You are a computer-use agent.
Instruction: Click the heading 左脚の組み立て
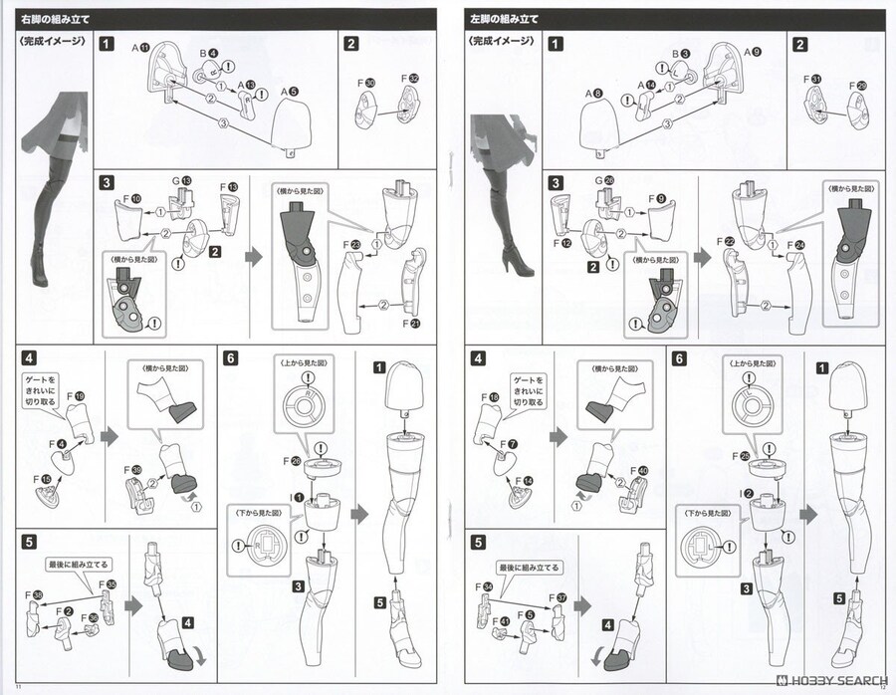[505, 18]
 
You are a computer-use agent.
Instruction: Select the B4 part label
[207, 54]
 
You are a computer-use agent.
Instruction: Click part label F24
[796, 245]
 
